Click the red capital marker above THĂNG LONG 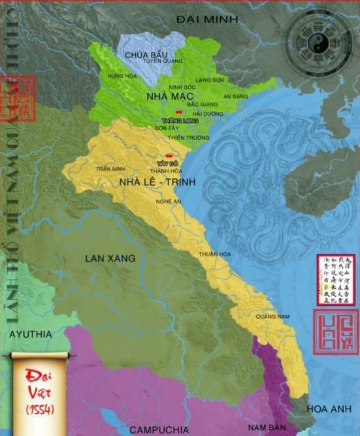[x=178, y=112]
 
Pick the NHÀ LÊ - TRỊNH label [x=157, y=181]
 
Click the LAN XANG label [x=110, y=258]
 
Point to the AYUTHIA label [x=29, y=333]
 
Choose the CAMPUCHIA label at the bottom [x=159, y=429]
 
